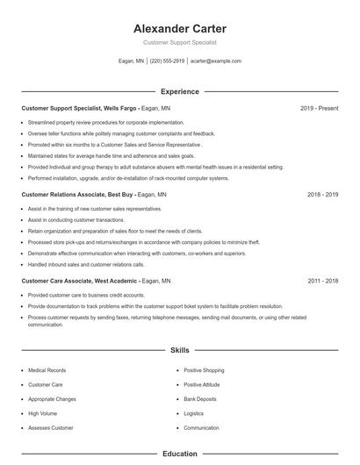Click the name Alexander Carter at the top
[x=180, y=29]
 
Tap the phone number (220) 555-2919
[x=167, y=61]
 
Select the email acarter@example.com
[x=215, y=61]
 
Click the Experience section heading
[x=180, y=91]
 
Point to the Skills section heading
[x=180, y=350]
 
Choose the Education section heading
[x=180, y=454]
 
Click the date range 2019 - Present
[x=319, y=109]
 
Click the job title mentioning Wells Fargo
[x=83, y=109]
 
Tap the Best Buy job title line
[x=79, y=195]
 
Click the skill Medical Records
[x=47, y=370]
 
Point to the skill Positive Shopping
[x=204, y=370]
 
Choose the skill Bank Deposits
[x=201, y=398]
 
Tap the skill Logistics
[x=193, y=412]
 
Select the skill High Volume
[x=42, y=412]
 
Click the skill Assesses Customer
[x=51, y=427]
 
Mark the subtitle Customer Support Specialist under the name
[x=180, y=42]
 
